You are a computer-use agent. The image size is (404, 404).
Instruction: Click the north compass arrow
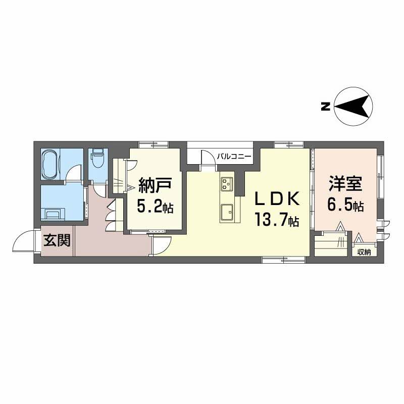353,106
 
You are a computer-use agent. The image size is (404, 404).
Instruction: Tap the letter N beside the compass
326,107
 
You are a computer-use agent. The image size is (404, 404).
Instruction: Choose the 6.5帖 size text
346,206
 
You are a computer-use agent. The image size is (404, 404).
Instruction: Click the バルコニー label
234,157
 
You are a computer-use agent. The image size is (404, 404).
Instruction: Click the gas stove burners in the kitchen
226,184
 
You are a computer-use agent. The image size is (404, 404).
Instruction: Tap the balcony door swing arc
208,157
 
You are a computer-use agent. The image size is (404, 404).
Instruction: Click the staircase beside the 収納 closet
332,242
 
